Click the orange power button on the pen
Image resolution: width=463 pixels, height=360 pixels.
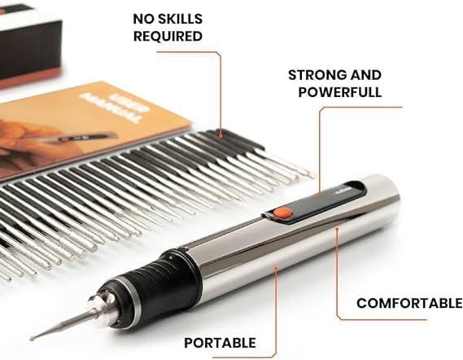[x=282, y=212]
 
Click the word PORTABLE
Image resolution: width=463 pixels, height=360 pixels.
[x=220, y=343]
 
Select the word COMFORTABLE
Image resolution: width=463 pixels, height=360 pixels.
[x=409, y=303]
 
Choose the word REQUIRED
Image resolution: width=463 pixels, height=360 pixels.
[x=168, y=36]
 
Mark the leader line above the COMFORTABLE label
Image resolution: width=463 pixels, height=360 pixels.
[x=337, y=269]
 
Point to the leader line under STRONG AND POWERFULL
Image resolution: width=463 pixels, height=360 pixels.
[x=320, y=147]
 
